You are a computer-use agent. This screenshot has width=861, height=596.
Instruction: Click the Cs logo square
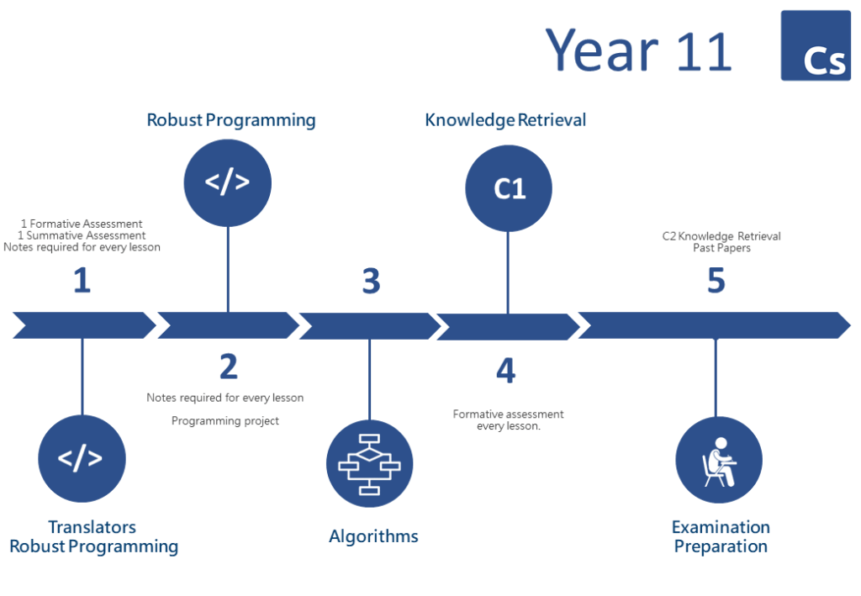point(816,45)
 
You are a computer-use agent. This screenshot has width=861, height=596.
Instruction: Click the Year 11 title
point(639,50)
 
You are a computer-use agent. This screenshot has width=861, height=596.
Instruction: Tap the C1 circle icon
point(509,188)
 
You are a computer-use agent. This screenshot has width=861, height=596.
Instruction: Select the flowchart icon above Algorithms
point(370,464)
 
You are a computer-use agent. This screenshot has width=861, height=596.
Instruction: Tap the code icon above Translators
point(82,458)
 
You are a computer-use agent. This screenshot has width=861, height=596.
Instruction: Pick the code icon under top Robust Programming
point(227,182)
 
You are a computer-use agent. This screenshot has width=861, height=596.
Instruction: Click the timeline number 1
point(82,280)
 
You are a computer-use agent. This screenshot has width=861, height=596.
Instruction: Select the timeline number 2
point(229,367)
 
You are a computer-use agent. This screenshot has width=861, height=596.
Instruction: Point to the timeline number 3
point(371,281)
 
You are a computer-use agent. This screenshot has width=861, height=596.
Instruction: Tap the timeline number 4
point(505,371)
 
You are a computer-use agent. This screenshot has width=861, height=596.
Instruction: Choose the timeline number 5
point(716,281)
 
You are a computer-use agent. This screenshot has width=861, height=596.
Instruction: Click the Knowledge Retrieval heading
point(505,120)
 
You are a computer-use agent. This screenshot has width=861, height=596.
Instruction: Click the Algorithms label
point(373,536)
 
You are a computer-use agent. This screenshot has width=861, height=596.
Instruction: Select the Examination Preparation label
point(721,536)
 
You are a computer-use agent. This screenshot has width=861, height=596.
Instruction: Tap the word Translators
point(92,527)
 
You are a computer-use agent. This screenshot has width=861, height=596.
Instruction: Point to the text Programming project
point(225,421)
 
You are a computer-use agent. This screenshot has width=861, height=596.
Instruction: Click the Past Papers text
point(721,248)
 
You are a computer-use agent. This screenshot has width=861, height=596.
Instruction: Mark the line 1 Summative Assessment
point(82,235)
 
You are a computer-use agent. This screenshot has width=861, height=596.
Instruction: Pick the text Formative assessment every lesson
point(508,419)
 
